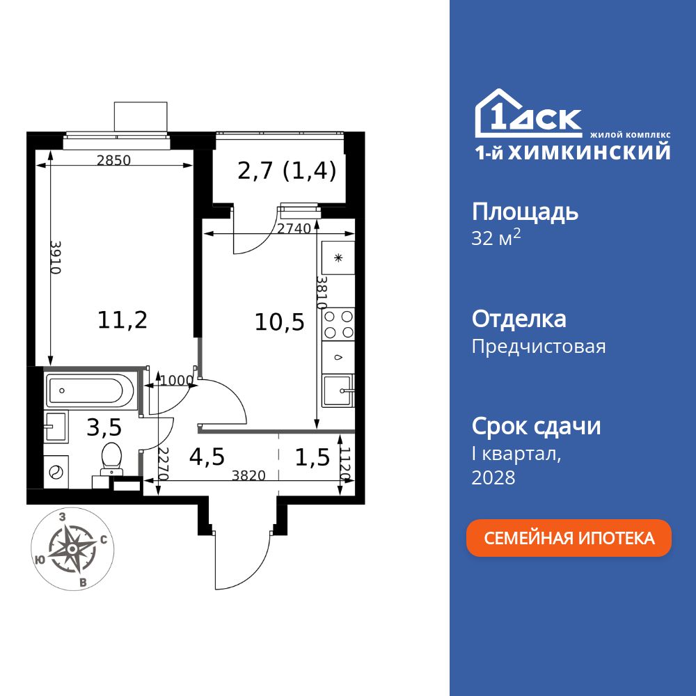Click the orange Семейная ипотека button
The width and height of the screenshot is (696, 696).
tap(569, 538)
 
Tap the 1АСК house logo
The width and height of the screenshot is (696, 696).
tap(528, 114)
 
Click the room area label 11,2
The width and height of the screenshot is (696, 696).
tap(122, 320)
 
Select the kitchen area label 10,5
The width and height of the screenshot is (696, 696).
tap(280, 322)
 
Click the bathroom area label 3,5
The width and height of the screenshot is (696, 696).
tap(103, 426)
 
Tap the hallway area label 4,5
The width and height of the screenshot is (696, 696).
tap(207, 457)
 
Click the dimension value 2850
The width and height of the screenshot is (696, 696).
tap(113, 160)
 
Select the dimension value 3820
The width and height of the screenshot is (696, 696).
tap(248, 476)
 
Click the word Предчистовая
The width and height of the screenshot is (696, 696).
tap(538, 346)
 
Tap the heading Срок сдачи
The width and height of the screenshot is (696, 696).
tap(536, 426)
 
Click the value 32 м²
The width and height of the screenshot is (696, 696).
tap(496, 239)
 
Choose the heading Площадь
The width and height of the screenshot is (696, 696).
tap(525, 212)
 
